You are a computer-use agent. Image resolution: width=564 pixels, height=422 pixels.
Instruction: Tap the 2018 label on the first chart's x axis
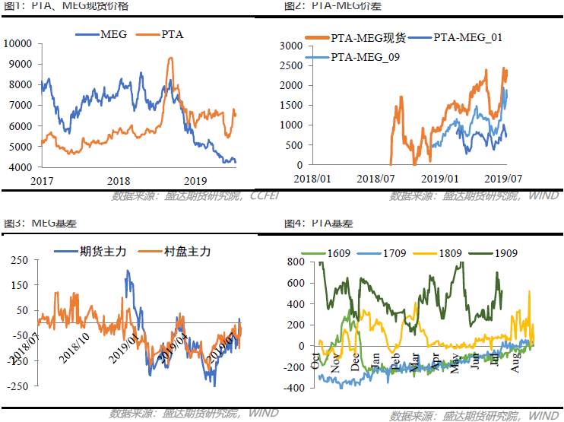[x=119, y=181]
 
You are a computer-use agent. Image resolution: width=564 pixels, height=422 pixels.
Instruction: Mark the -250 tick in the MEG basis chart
[x=18, y=386]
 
